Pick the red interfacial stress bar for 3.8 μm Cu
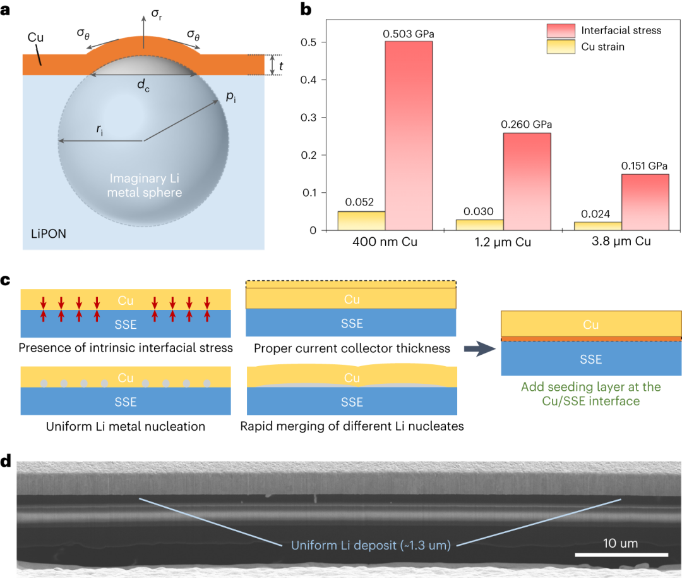click(644, 202)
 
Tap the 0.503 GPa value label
click(409, 33)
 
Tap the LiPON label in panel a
click(49, 234)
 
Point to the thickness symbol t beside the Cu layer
click(281, 65)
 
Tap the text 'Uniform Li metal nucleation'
click(126, 426)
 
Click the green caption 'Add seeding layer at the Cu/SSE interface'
click(590, 393)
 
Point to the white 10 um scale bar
click(621, 555)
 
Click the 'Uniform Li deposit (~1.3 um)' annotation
click(370, 545)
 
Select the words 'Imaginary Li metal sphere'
click(145, 185)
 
